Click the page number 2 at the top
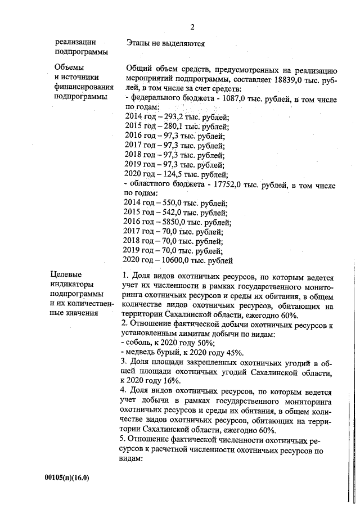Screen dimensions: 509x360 192,26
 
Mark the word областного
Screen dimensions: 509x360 151,185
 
